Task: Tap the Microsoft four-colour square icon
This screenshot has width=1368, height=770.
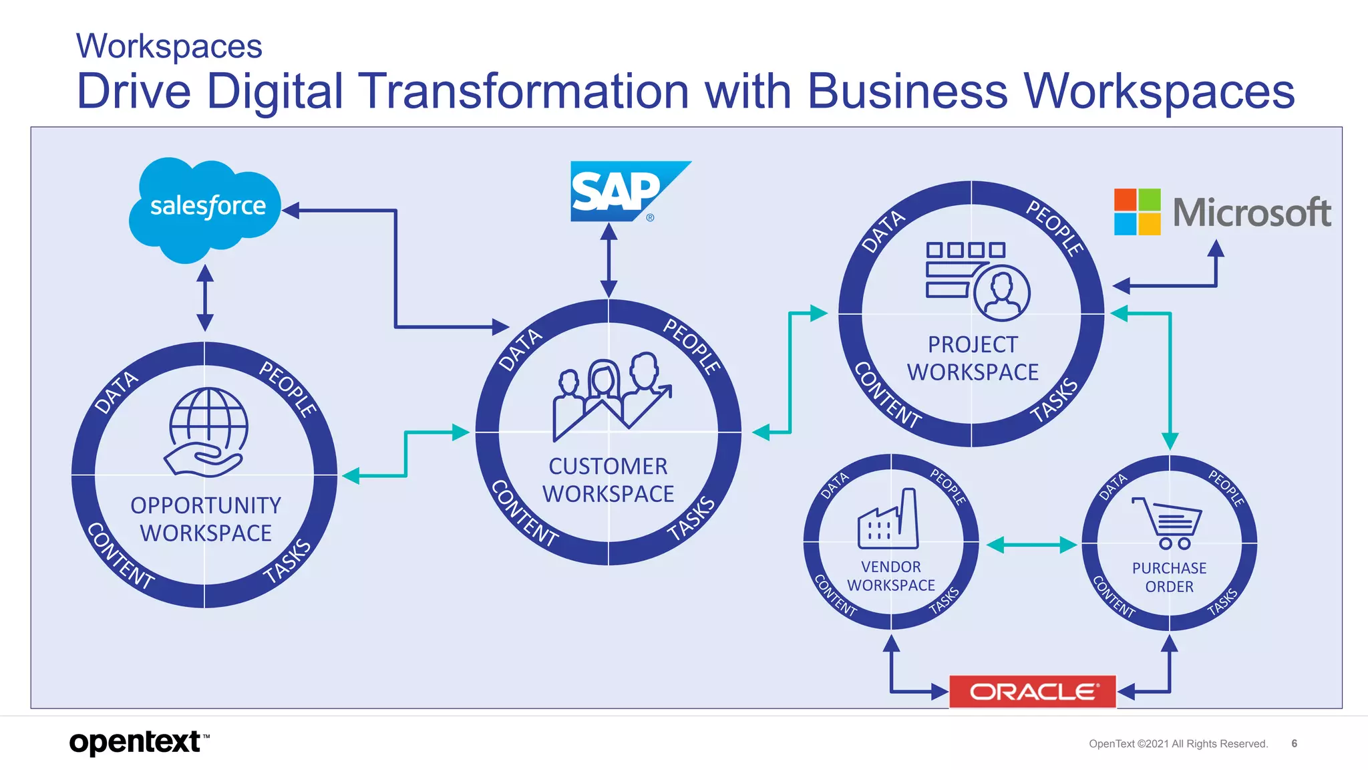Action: (1137, 212)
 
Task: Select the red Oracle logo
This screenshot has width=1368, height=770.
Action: (1032, 691)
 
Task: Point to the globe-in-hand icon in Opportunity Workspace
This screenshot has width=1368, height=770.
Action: (207, 431)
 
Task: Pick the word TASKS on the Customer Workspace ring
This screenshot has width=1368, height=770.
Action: (692, 519)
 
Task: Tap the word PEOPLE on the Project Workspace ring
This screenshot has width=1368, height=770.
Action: (1055, 227)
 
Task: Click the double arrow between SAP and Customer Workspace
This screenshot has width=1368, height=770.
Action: (609, 260)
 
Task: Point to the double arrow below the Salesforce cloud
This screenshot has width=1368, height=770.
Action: (205, 298)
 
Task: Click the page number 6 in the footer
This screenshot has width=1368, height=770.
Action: (1294, 743)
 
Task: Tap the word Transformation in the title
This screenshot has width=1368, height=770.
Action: (523, 92)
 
